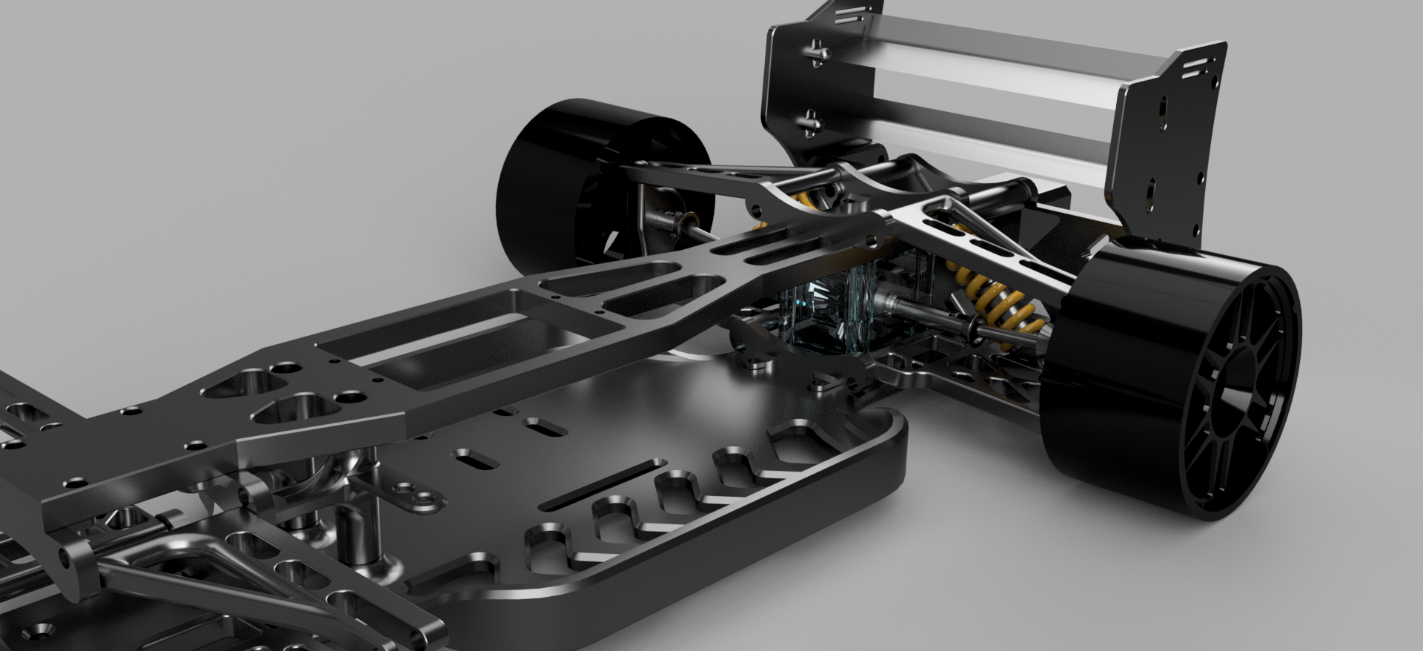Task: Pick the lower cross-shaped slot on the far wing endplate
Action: (812, 121)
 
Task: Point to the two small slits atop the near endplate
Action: (1195, 68)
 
